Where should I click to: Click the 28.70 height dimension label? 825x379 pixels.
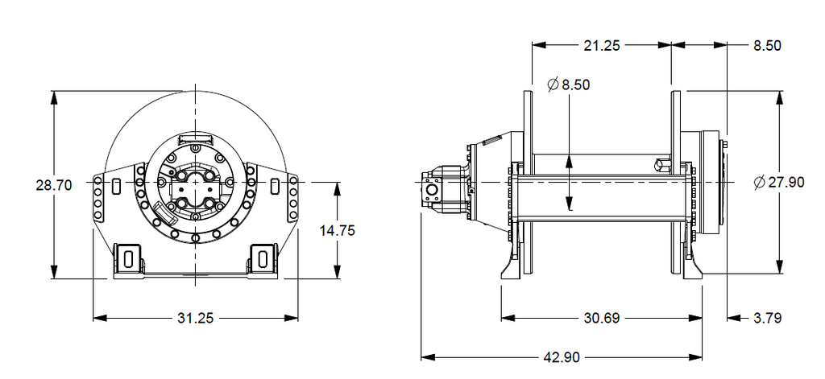pos(53,185)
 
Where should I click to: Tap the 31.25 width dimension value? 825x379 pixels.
pos(196,318)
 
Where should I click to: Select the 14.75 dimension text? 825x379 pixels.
pos(338,230)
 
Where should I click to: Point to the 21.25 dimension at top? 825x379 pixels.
pos(602,45)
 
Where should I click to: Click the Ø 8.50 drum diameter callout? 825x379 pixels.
pos(568,84)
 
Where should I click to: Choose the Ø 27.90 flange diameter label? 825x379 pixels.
pos(779,183)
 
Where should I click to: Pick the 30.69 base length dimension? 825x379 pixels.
pos(602,318)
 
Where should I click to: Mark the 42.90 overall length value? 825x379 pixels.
pos(562,357)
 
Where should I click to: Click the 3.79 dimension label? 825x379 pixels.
pos(767,318)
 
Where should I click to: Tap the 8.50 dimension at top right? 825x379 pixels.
pos(767,45)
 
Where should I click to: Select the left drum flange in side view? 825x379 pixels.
pos(528,182)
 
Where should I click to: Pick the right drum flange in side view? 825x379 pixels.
pos(676,182)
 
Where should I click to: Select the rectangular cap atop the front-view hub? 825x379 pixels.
pos(196,138)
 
